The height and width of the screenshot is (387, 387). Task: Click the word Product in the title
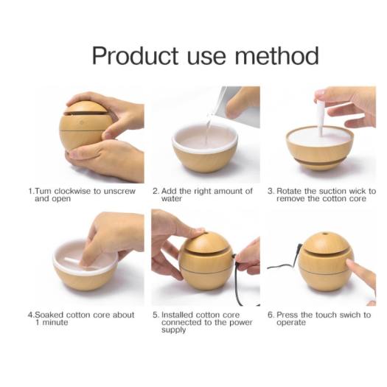coord(135,56)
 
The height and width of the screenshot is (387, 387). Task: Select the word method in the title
coord(276,55)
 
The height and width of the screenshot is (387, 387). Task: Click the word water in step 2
coord(172,199)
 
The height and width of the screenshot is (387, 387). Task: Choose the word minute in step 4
coord(55,322)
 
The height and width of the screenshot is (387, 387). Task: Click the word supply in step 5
coord(173,330)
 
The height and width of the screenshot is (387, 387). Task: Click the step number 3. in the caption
coord(271,191)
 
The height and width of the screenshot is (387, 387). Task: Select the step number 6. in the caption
coord(271,315)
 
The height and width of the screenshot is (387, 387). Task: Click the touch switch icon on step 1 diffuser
coord(82,122)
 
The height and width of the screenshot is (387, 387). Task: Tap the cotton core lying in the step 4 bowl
coord(74,261)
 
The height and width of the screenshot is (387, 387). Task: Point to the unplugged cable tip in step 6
coord(300,246)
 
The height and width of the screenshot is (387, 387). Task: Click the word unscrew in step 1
coord(119,191)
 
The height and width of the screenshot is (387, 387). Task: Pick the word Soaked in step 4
coord(49,315)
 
